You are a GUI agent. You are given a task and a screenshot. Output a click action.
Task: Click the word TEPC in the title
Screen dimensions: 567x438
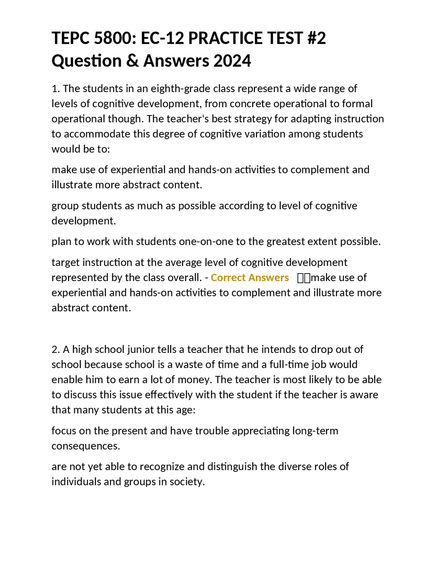[70, 38]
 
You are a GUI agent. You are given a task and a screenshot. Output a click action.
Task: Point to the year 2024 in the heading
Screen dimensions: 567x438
[232, 61]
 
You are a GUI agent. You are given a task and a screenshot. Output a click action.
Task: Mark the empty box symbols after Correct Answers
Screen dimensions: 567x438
[304, 278]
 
